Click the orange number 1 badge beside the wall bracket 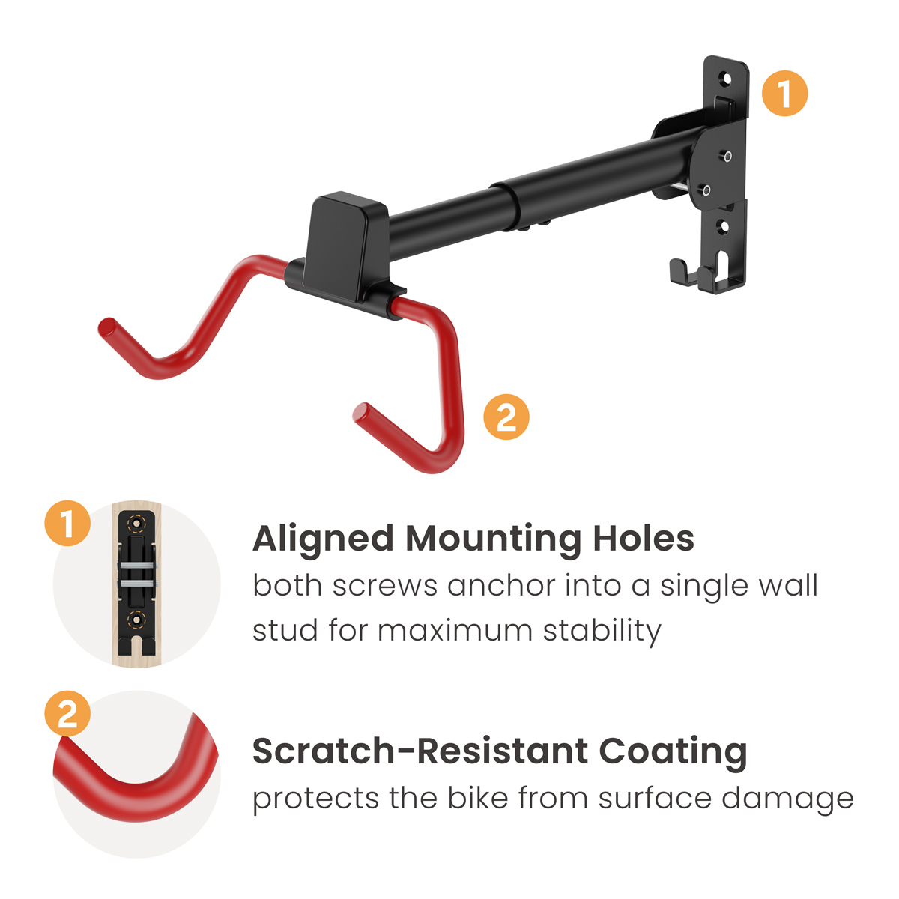click(784, 94)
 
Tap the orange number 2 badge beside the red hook click(506, 417)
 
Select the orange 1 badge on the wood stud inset click(67, 523)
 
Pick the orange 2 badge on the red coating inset click(67, 713)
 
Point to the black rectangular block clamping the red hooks click(345, 246)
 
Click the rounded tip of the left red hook click(108, 328)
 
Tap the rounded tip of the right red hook click(363, 413)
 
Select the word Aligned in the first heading click(323, 539)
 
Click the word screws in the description click(385, 586)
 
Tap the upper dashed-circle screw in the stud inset click(136, 524)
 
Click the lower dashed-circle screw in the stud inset click(136, 620)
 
